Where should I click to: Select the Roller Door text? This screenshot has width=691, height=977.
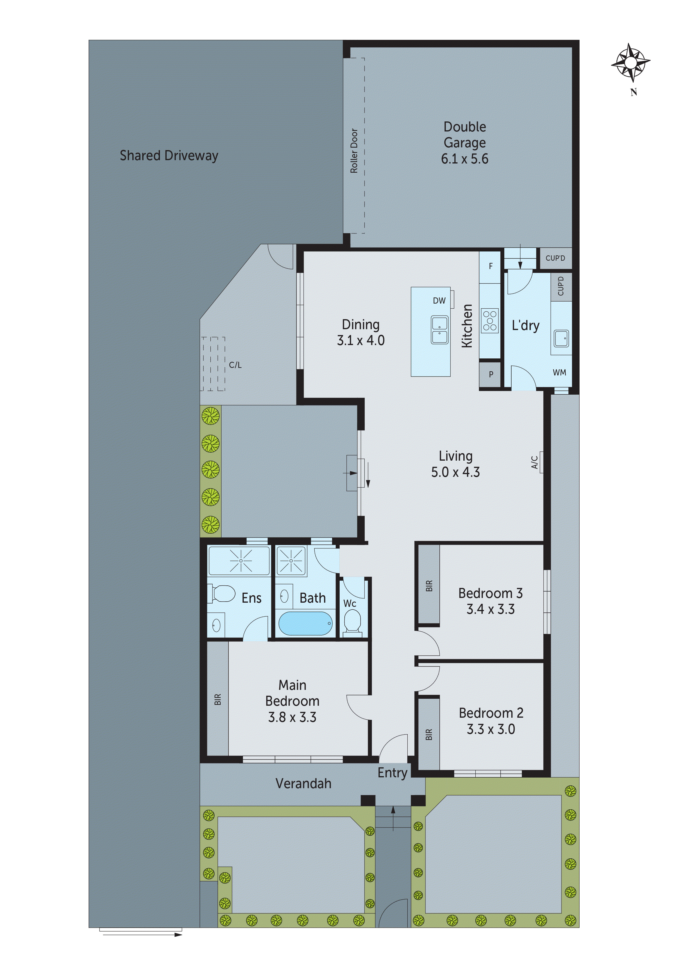tap(354, 151)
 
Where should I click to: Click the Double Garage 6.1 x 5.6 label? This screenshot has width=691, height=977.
tap(464, 143)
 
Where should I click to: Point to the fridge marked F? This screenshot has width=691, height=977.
tap(490, 266)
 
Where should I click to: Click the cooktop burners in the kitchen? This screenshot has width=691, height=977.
tap(490, 320)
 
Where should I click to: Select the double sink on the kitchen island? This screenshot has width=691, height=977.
tap(439, 330)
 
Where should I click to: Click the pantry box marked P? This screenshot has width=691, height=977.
tap(490, 375)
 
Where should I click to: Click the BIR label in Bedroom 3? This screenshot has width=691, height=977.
tap(429, 586)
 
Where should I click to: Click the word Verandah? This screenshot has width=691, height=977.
tap(303, 783)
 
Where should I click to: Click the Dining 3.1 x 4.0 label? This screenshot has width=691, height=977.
tap(361, 332)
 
